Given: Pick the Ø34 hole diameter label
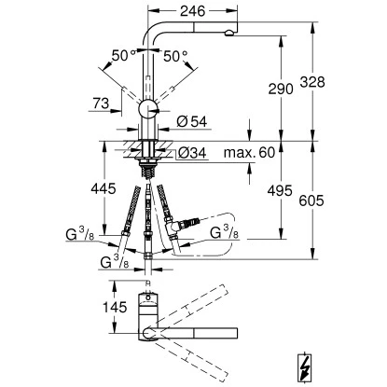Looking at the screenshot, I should pyautogui.click(x=192, y=152).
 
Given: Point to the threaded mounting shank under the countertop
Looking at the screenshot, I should pyautogui.click(x=148, y=166).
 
